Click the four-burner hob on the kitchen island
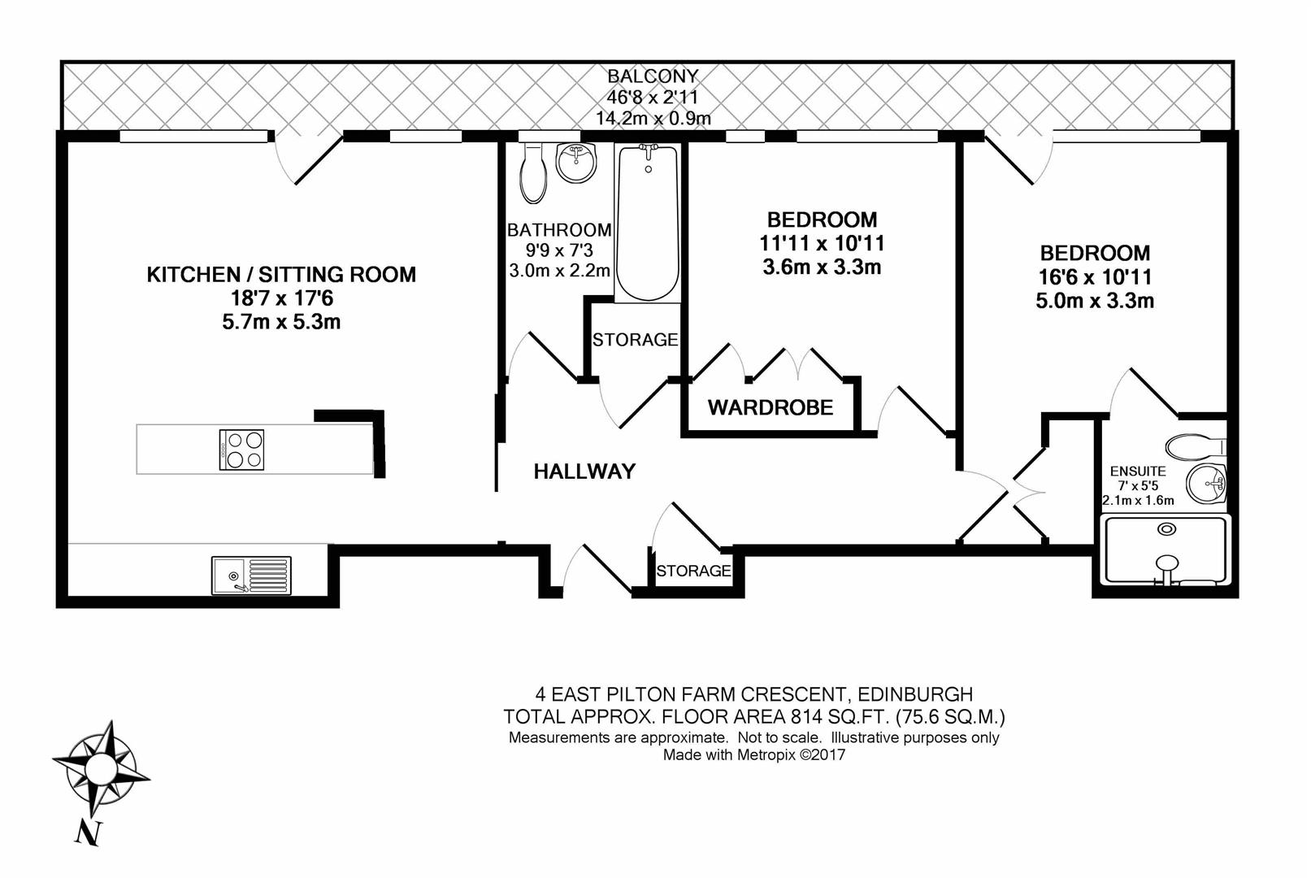click(x=241, y=450)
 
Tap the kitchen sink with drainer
click(x=251, y=576)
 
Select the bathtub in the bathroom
click(x=648, y=224)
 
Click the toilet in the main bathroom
click(x=532, y=173)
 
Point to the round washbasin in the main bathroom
click(x=576, y=162)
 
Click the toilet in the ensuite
click(x=1196, y=447)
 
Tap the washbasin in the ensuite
click(x=1206, y=484)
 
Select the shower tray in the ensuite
click(x=1165, y=550)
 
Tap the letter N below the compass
click(x=89, y=833)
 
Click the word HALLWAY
click(x=584, y=472)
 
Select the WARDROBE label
click(x=771, y=407)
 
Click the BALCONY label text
click(x=653, y=76)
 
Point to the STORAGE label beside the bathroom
click(x=635, y=340)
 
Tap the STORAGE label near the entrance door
click(x=693, y=571)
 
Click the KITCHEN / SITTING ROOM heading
click(x=281, y=275)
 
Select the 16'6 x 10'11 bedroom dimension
click(x=1095, y=277)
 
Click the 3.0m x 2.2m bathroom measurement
click(x=559, y=271)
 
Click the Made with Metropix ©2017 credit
click(x=754, y=754)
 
